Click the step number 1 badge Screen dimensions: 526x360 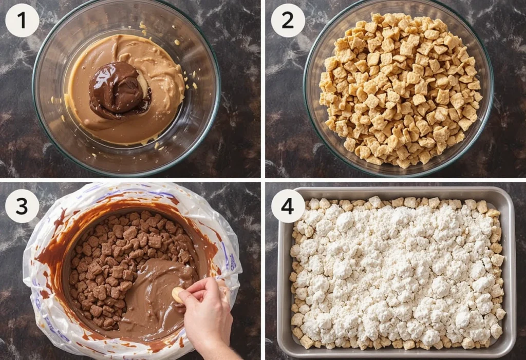(x=22, y=20)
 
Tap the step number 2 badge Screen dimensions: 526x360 (x=288, y=20)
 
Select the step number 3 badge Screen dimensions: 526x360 (x=22, y=206)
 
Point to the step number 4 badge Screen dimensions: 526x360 (x=288, y=206)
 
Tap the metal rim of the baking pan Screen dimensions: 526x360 (x=396, y=191)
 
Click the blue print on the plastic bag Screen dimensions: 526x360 (x=232, y=260)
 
